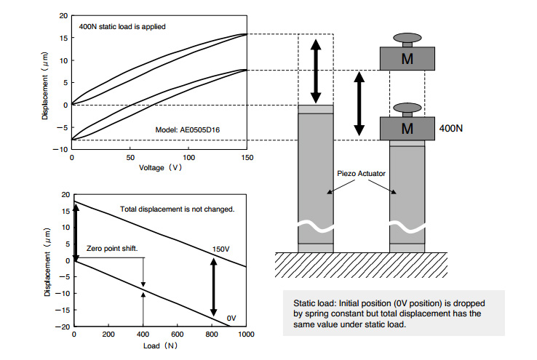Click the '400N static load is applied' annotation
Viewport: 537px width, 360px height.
(123, 26)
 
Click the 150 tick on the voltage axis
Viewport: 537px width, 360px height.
(247, 157)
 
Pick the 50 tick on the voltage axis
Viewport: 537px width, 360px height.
(130, 157)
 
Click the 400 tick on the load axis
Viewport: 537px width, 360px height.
(143, 334)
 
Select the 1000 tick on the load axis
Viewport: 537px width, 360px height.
(245, 334)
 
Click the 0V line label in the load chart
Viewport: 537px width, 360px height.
(231, 318)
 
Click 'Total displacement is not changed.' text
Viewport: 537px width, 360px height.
(177, 209)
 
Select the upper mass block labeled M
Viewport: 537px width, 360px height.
(408, 58)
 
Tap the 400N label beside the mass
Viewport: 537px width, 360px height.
(452, 128)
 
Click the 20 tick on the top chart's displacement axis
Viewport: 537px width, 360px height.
(63, 15)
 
